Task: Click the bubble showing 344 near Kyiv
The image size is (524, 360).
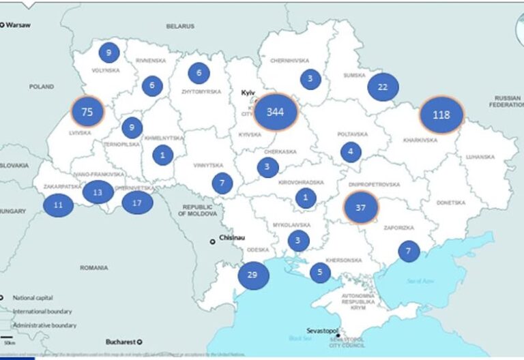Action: click(276, 112)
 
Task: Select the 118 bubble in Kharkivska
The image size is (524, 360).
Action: click(441, 114)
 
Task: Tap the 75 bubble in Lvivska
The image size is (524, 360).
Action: click(87, 112)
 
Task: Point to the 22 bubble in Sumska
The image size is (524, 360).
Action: click(383, 87)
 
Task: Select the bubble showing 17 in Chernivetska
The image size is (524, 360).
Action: click(137, 202)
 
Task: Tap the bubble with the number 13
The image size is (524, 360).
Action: click(98, 192)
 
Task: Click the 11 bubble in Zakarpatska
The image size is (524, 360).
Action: click(58, 204)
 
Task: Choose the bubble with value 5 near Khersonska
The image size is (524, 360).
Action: click(319, 273)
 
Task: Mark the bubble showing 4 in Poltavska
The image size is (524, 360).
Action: click(351, 151)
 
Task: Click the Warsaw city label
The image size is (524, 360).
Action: click(19, 25)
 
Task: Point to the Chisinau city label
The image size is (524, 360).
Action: click(231, 240)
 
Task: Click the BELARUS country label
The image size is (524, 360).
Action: click(181, 26)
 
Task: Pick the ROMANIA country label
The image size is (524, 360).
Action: click(93, 268)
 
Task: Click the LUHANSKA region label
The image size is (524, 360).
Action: click(480, 156)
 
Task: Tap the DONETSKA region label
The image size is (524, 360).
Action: click(450, 202)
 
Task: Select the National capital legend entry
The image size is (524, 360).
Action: click(32, 297)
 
